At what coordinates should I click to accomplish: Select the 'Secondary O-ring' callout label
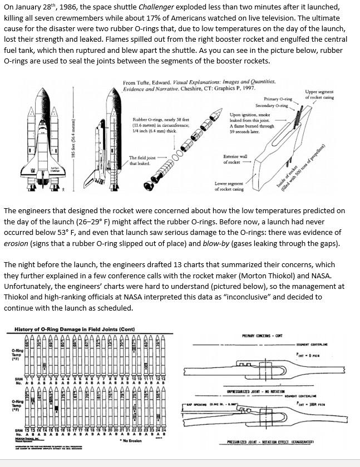[272, 105]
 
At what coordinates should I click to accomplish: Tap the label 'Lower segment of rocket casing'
[229, 186]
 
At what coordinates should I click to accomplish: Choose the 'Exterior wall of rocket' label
[234, 159]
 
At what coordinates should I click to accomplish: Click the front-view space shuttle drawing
[41, 136]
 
